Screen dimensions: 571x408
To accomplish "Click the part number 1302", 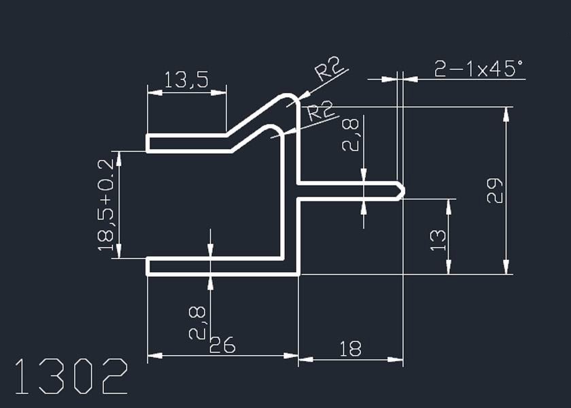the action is [71, 376].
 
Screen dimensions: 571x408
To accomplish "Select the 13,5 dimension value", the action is [186, 80].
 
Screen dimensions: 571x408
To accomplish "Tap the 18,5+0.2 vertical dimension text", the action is [105, 205].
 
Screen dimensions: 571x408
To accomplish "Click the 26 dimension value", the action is [222, 345].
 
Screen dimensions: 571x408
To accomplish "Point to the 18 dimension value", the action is [350, 349].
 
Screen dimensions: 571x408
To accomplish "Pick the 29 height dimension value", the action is [495, 190].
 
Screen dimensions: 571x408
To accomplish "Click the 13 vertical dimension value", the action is [438, 240].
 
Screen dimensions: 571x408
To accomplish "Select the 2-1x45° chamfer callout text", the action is [479, 69].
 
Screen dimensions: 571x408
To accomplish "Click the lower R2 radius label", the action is [320, 111].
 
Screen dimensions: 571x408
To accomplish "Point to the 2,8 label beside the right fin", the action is [350, 134].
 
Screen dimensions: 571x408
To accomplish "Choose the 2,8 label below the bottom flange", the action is [197, 323].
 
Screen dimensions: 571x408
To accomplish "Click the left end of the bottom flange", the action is [148, 267].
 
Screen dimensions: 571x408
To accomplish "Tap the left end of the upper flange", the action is [148, 143].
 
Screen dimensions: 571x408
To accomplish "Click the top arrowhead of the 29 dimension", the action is [506, 114].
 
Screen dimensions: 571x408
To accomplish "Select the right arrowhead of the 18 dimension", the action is [396, 360].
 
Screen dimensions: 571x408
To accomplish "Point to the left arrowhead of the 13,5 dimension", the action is [155, 93].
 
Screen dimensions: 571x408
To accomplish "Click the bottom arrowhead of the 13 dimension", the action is [449, 267].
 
